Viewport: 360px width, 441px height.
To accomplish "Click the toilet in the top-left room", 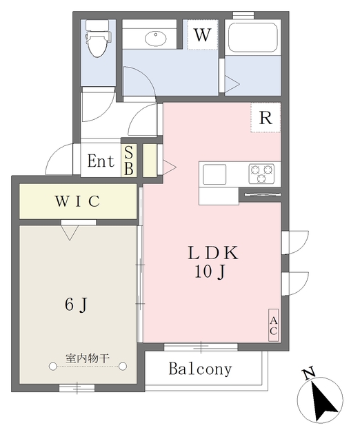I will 97,41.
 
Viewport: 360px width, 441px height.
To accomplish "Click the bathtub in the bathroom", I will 252,37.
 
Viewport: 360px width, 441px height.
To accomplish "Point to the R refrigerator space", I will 266,118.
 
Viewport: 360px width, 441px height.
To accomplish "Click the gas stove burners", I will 262,173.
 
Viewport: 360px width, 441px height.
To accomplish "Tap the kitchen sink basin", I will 214,174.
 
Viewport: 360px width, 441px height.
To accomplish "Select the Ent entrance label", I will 101,162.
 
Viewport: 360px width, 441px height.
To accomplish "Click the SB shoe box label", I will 129,161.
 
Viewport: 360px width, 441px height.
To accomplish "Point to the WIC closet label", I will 78,202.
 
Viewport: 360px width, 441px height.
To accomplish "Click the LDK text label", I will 212,253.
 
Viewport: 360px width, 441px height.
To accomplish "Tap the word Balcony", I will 201,369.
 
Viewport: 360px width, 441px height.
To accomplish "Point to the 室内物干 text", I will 88,358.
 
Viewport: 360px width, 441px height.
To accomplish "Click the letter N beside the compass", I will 308,375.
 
